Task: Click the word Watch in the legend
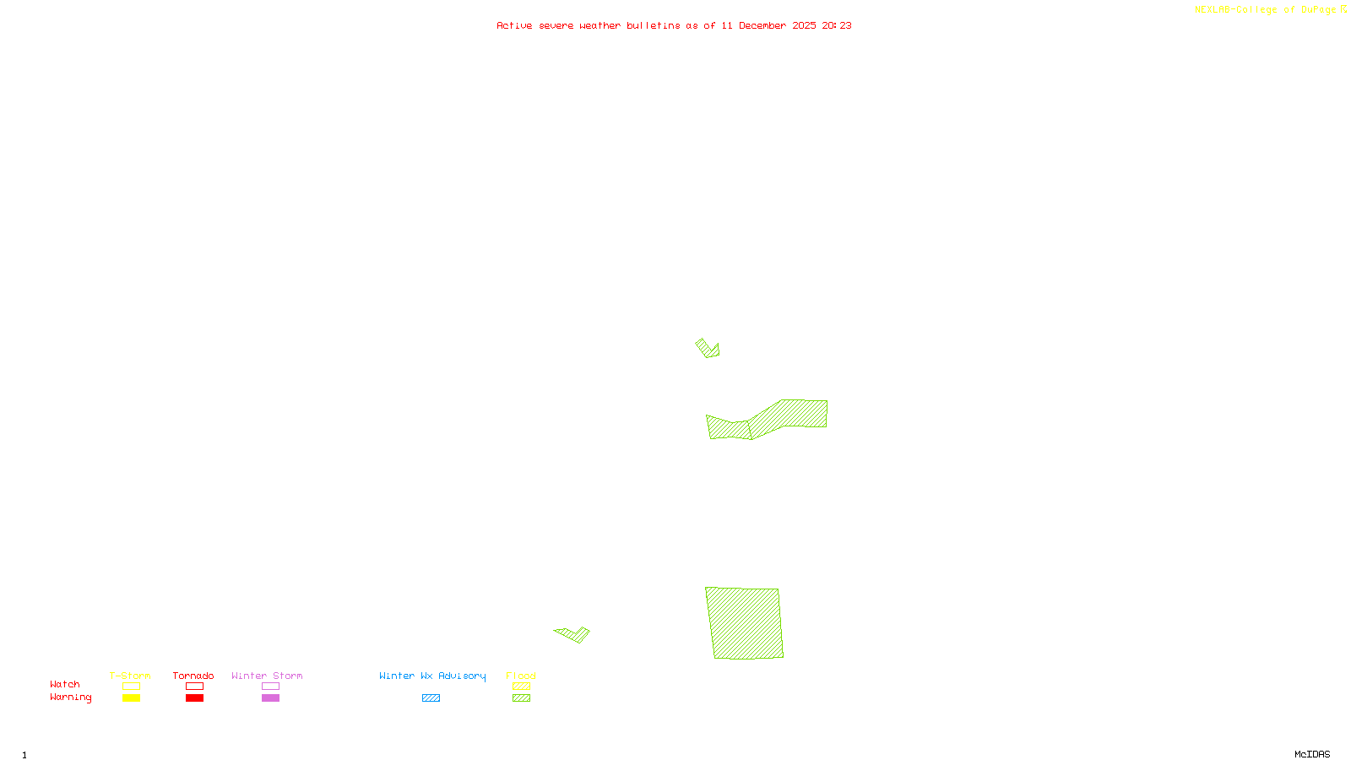(x=65, y=684)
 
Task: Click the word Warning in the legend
(x=70, y=698)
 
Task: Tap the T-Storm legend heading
(x=130, y=676)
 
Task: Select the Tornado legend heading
(x=193, y=676)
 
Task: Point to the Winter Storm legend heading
(x=267, y=676)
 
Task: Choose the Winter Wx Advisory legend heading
(x=432, y=676)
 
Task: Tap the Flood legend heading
(x=521, y=676)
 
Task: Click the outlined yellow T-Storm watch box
(x=131, y=687)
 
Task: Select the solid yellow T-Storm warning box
(x=131, y=698)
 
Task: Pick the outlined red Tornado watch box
(x=194, y=687)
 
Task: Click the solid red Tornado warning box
(x=194, y=698)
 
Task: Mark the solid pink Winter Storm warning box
(x=270, y=698)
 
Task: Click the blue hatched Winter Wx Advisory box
(x=431, y=698)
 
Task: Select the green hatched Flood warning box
(x=521, y=698)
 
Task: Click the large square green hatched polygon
(x=744, y=623)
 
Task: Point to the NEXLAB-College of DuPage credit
(x=1270, y=10)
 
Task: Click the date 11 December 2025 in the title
(x=768, y=25)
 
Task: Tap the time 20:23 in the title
(x=837, y=25)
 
